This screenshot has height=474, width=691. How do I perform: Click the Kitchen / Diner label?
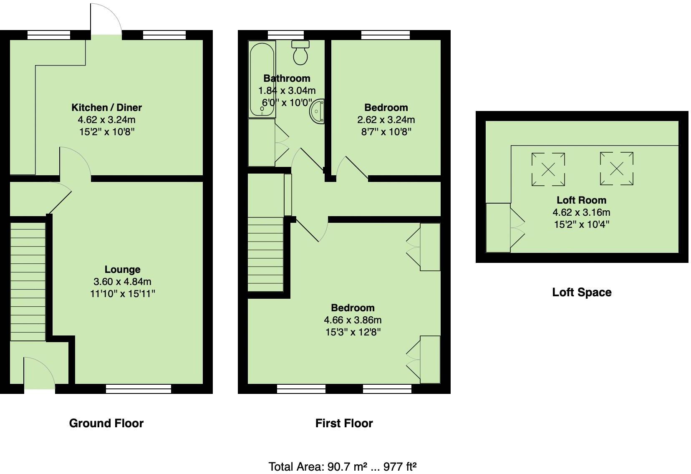[106, 108]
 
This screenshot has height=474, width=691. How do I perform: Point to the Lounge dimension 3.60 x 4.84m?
[122, 282]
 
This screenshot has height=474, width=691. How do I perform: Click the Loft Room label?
[581, 200]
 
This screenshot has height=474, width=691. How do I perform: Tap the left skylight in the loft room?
[548, 169]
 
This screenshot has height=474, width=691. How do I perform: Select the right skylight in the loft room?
[616, 168]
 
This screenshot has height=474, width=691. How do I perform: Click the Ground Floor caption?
[106, 424]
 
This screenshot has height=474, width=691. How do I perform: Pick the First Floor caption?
[344, 424]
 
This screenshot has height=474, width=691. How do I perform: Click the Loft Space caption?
[582, 292]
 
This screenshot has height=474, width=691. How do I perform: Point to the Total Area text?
[343, 466]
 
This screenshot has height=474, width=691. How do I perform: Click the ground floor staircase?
[28, 282]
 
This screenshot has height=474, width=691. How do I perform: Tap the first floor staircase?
[265, 255]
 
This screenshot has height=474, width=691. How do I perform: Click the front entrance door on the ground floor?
[39, 376]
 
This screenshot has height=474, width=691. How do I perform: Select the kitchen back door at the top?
[106, 21]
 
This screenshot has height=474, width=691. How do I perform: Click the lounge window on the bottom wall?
[139, 389]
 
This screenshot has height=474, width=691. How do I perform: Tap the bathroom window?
[286, 35]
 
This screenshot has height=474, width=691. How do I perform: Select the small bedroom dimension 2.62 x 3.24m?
[386, 120]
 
